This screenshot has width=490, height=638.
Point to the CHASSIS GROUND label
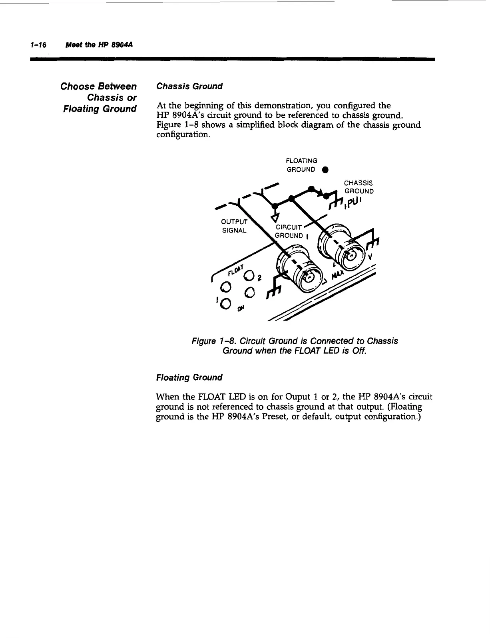coord(359,187)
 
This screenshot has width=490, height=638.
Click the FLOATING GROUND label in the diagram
coord(302,165)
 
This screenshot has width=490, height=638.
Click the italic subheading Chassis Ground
coord(189,86)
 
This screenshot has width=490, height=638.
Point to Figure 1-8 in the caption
coord(215,341)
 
